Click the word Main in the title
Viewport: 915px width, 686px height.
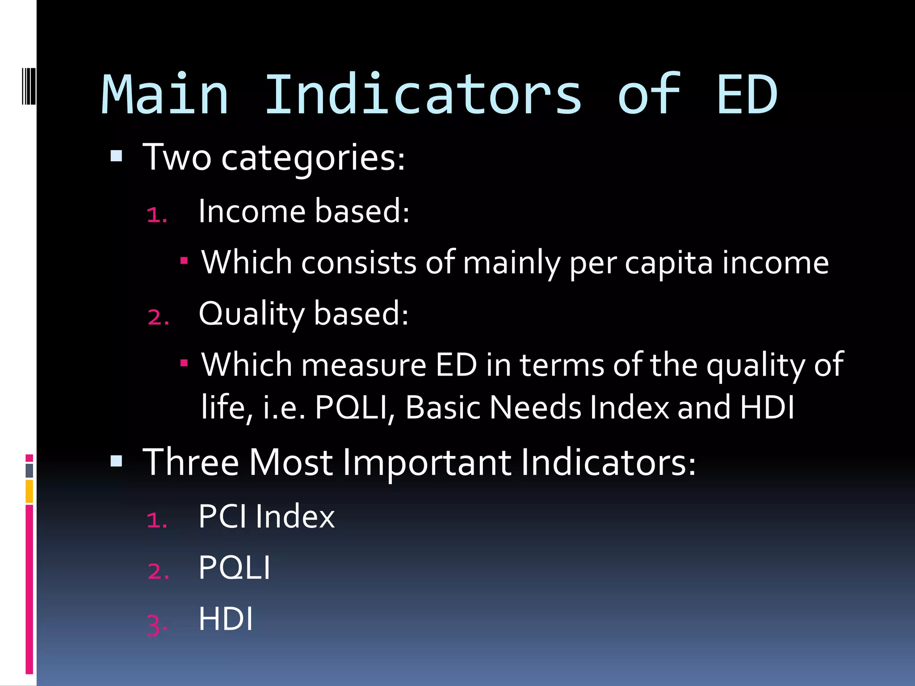click(x=165, y=95)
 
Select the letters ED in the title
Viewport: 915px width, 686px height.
click(x=747, y=95)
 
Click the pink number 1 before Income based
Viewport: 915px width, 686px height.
click(x=156, y=215)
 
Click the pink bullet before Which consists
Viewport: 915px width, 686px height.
click(x=184, y=259)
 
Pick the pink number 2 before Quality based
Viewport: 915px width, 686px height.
click(x=158, y=318)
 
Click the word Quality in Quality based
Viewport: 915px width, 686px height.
click(x=252, y=314)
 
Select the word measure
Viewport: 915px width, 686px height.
click(x=364, y=365)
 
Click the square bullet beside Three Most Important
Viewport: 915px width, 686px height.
click(x=116, y=460)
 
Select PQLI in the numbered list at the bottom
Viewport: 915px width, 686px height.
click(x=234, y=568)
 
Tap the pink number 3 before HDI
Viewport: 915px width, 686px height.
click(x=156, y=624)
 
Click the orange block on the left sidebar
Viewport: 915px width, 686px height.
click(x=29, y=491)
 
